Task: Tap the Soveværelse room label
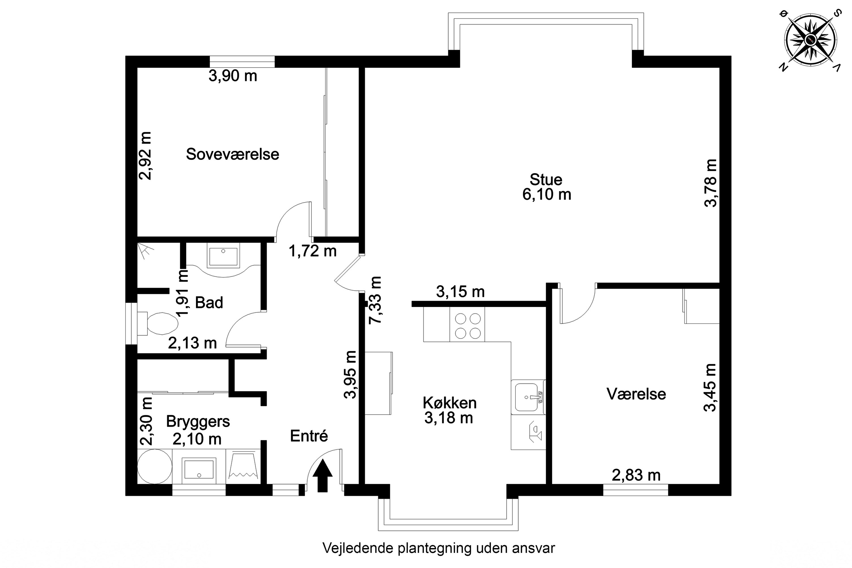232,154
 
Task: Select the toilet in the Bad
162,323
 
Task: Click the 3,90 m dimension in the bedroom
233,76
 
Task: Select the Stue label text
546,180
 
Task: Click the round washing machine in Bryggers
155,467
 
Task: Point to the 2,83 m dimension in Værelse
636,475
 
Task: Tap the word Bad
209,302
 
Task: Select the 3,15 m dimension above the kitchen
460,292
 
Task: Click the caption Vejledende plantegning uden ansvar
438,548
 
